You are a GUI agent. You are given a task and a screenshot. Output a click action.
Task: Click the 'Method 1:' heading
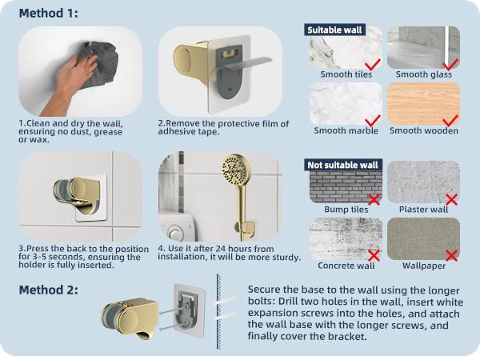pyautogui.click(x=48, y=14)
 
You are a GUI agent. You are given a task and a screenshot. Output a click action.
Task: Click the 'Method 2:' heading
pyautogui.click(x=48, y=290)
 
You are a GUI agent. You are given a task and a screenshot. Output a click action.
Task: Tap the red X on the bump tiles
pyautogui.click(x=372, y=198)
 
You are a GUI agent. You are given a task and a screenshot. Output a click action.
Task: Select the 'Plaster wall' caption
pyautogui.click(x=423, y=210)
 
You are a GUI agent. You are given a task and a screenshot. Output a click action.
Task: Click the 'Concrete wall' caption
pyautogui.click(x=346, y=266)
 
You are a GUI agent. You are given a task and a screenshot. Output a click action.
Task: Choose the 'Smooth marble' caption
pyautogui.click(x=346, y=130)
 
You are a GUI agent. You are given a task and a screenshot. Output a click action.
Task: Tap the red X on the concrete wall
pyautogui.click(x=372, y=254)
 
